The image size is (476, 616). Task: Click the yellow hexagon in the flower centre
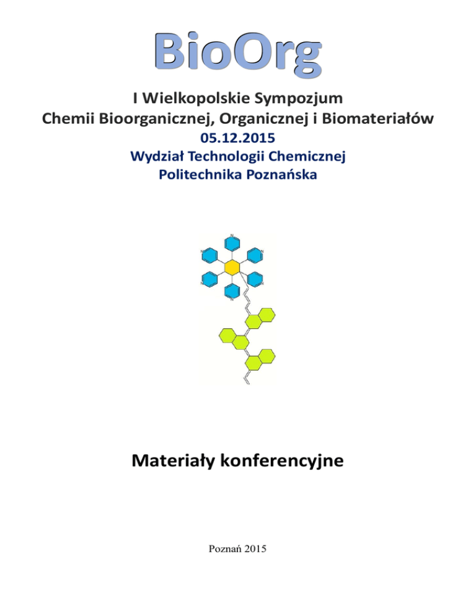pyautogui.click(x=232, y=267)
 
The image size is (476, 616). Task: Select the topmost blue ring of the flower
pyautogui.click(x=232, y=242)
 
